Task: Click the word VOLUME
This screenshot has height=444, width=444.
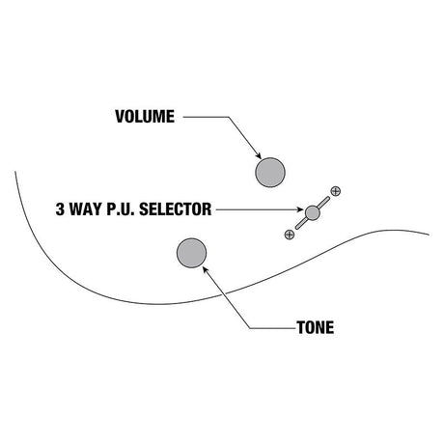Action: [x=145, y=117]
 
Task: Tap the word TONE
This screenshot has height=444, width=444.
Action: [x=316, y=327]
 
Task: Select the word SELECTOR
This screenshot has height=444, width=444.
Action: [x=175, y=209]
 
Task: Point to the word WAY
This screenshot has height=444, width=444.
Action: [x=86, y=209]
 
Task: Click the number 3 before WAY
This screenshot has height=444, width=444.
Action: [x=60, y=209]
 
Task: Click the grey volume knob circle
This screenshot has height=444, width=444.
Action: [x=270, y=173]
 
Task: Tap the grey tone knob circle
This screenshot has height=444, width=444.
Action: [x=192, y=253]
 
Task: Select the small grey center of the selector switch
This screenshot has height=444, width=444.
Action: [x=312, y=212]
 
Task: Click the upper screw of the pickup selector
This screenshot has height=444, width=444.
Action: [x=336, y=191]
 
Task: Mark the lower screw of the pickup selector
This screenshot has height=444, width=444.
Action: [x=290, y=235]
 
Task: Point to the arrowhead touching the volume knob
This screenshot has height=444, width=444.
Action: [x=258, y=155]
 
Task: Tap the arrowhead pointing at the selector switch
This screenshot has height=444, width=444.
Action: [x=300, y=209]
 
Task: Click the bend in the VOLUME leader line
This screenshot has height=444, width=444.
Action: [x=229, y=117]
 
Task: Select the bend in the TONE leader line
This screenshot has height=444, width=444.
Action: [x=251, y=328]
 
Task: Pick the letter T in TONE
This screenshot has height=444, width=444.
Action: [x=301, y=327]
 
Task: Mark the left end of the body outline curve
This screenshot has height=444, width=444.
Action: [x=15, y=172]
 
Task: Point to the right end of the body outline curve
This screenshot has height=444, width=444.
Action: [x=429, y=235]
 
